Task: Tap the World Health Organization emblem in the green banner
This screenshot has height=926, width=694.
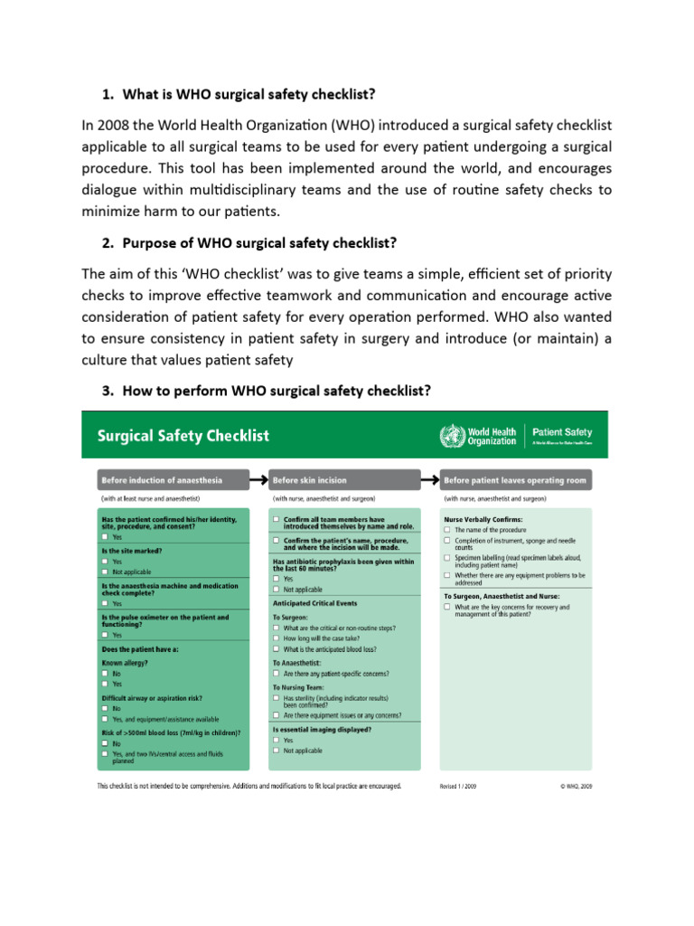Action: pos(451,435)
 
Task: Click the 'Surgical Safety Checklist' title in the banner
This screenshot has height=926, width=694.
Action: pos(183,436)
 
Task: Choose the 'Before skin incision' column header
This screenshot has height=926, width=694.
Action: pos(309,479)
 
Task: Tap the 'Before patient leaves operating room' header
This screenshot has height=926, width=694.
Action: pos(514,479)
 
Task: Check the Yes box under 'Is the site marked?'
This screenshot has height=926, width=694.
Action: pos(106,562)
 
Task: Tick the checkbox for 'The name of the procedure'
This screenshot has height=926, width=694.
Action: pos(446,530)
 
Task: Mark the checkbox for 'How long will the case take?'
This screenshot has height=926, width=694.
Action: pos(276,638)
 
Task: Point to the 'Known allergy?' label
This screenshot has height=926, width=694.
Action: pos(127,663)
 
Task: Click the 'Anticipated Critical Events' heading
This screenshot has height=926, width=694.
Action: pos(314,602)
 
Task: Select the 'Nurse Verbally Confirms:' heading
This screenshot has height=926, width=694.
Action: pos(483,519)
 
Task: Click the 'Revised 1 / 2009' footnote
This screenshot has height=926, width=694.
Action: pos(458,787)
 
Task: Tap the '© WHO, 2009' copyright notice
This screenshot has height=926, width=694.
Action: pos(576,787)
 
